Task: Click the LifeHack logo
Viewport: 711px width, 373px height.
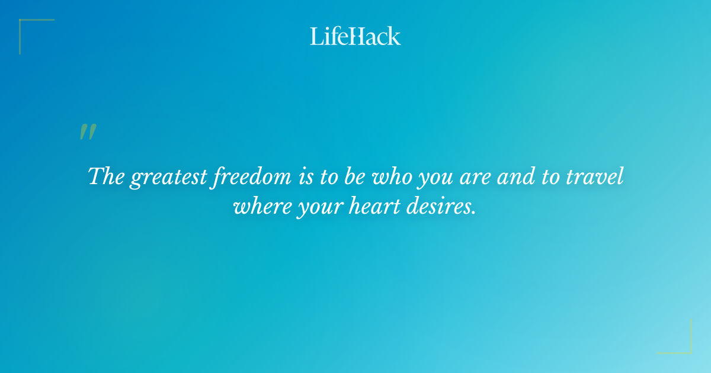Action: tap(355, 36)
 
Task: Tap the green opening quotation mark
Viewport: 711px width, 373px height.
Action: tap(87, 132)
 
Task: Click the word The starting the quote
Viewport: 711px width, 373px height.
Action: tap(106, 177)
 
